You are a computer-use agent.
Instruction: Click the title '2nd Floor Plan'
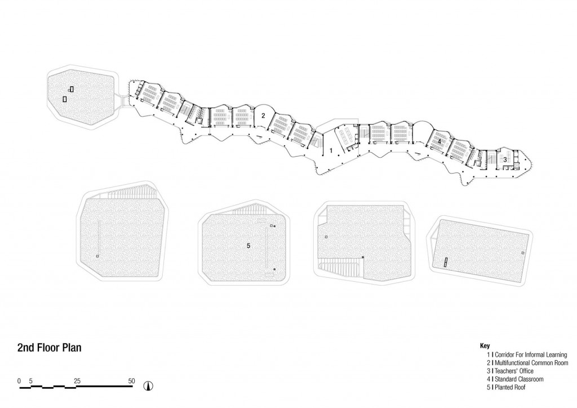(50, 348)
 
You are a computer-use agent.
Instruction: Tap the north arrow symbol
(149, 385)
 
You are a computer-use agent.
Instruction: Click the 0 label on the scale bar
(19, 381)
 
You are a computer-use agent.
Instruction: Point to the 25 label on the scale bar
(77, 381)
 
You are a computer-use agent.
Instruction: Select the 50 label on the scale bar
(131, 381)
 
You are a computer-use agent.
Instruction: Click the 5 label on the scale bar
(31, 381)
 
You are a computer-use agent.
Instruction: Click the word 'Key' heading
(485, 346)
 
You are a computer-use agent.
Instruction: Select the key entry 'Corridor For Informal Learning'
(531, 355)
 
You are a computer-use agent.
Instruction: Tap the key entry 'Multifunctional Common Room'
(531, 363)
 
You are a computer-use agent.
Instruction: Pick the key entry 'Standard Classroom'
(519, 379)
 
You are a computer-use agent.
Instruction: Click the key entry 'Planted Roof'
(510, 387)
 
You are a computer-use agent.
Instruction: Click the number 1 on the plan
(331, 150)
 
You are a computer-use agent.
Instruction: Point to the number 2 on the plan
(263, 116)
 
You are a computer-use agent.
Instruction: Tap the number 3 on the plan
(505, 159)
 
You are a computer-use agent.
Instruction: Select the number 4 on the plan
(439, 141)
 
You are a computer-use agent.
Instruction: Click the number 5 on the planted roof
(248, 246)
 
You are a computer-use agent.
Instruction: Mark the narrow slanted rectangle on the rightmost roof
(445, 263)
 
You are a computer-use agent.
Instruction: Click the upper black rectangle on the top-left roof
(72, 88)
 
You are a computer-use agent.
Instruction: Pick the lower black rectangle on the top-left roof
(65, 99)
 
